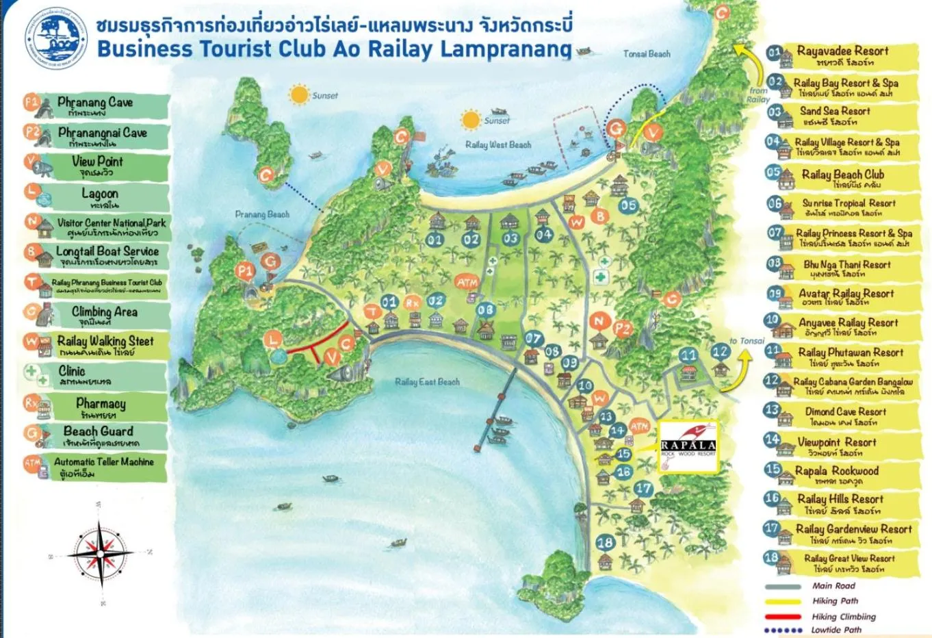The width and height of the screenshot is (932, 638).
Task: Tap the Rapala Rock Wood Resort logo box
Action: coord(688,446)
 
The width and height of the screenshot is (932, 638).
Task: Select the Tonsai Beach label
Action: coord(647,53)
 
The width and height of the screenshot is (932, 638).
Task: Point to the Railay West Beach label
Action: coord(497,144)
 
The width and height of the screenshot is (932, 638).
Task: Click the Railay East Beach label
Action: coord(427,382)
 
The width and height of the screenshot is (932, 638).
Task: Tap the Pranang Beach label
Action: coord(262,214)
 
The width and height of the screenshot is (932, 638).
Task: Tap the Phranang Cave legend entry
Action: coord(96,106)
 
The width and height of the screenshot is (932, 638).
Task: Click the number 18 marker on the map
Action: coord(605,543)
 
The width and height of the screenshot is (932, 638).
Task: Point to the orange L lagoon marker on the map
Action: coord(274,340)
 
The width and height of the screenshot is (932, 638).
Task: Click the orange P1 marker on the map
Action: coord(245,271)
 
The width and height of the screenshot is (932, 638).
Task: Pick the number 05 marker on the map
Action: coord(627,205)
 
